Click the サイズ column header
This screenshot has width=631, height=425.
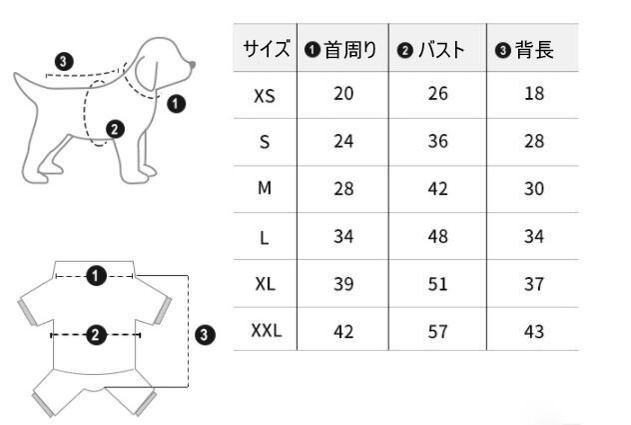click(266, 50)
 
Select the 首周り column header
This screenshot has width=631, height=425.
click(340, 50)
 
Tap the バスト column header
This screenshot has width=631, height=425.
click(431, 50)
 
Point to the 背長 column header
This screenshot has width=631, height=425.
click(524, 50)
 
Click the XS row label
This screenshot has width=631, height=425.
click(265, 96)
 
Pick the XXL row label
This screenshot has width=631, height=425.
click(267, 331)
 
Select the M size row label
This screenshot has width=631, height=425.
click(265, 188)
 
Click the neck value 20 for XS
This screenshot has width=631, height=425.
click(343, 94)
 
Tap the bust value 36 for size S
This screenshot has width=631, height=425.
click(438, 141)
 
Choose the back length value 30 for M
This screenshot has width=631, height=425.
click(534, 189)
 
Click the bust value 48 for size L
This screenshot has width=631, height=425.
click(438, 236)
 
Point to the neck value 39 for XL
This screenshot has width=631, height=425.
click(343, 284)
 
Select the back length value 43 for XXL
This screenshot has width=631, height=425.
click(534, 331)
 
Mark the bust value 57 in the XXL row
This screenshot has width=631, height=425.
click(438, 331)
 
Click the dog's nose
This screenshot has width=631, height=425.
click(193, 65)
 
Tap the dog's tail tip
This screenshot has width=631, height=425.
click(16, 75)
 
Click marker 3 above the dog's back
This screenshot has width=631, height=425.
click(64, 62)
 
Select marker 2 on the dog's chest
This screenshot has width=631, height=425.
click(115, 129)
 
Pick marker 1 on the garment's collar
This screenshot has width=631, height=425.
click(96, 276)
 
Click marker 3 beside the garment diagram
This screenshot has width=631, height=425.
click(205, 335)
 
